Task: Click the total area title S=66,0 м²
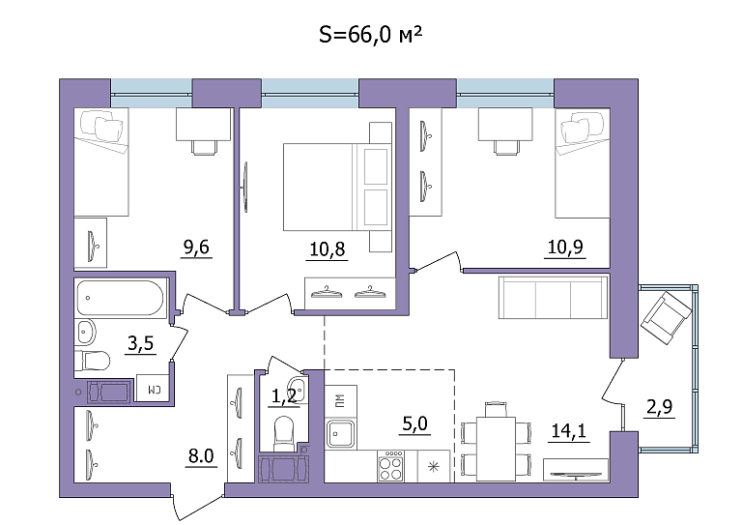[x=371, y=35]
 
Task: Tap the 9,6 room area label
[x=196, y=248]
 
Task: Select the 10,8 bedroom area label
[x=328, y=249]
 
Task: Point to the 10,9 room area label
[x=565, y=248]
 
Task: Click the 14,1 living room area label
[x=569, y=431]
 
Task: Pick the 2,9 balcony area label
[x=660, y=407]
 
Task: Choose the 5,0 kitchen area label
[x=415, y=423]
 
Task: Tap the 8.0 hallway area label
[x=201, y=456]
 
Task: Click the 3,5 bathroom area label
[x=141, y=342]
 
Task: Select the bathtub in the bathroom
[x=120, y=298]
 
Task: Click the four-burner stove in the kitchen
[x=391, y=466]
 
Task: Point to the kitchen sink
[x=340, y=434]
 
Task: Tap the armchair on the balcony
[x=666, y=318]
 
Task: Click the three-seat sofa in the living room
[x=554, y=298]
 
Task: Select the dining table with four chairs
[x=496, y=441]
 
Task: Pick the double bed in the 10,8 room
[x=337, y=187]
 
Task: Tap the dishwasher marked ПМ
[x=340, y=401]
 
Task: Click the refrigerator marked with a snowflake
[x=434, y=466]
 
